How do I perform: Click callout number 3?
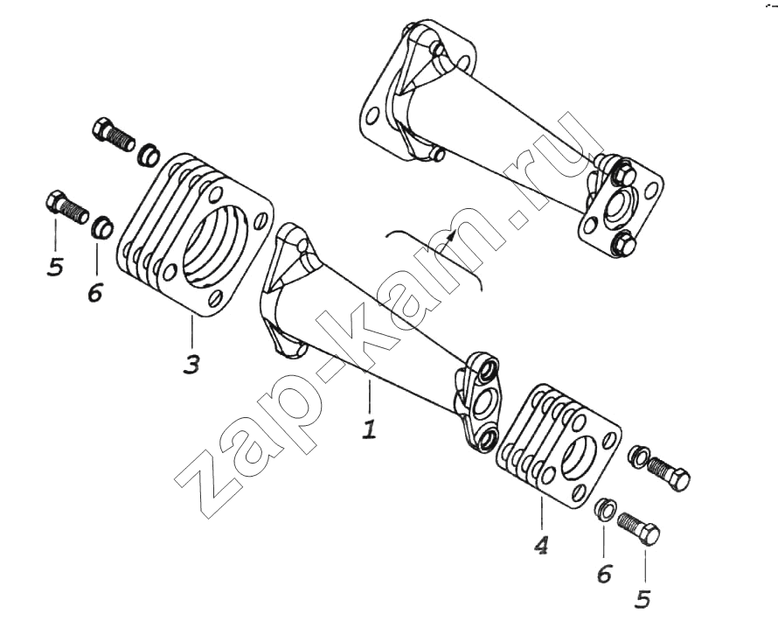(x=191, y=364)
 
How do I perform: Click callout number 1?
(x=369, y=429)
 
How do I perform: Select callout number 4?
(x=541, y=546)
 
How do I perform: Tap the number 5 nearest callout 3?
(x=55, y=268)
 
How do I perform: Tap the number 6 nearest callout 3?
(x=94, y=292)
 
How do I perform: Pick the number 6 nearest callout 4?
(x=604, y=574)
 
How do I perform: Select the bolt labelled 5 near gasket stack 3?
(x=67, y=207)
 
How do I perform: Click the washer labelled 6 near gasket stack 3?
(x=102, y=227)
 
